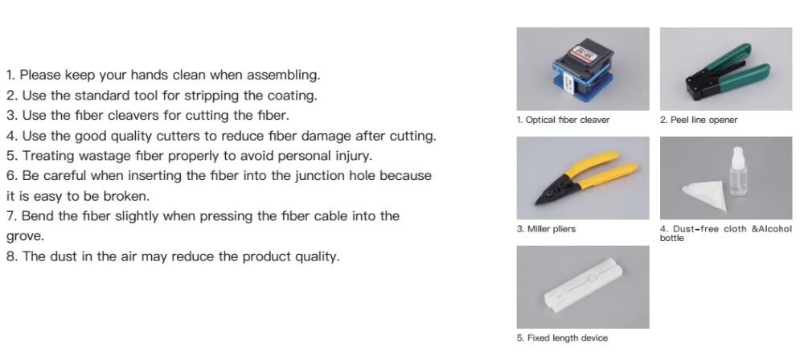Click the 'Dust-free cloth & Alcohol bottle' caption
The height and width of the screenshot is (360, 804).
point(725,233)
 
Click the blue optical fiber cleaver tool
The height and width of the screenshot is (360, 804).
point(582,70)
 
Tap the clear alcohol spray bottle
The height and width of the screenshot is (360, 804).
point(738,172)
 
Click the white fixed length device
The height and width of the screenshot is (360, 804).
point(584,287)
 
